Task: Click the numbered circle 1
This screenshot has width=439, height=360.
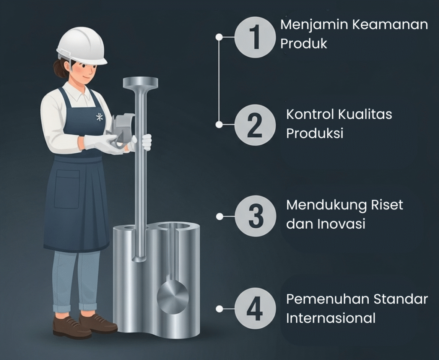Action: pyautogui.click(x=255, y=37)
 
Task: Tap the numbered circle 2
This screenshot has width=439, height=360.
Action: pyautogui.click(x=255, y=125)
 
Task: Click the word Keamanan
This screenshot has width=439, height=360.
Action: pyautogui.click(x=390, y=24)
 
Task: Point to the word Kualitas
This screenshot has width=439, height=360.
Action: pyautogui.click(x=365, y=114)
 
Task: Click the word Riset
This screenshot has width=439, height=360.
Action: pyautogui.click(x=387, y=205)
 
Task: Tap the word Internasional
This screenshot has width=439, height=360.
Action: pyautogui.click(x=331, y=318)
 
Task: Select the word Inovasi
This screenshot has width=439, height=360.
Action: pyautogui.click(x=342, y=224)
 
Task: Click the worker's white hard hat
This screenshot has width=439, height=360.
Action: pyautogui.click(x=82, y=46)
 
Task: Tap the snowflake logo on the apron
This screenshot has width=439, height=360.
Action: pyautogui.click(x=99, y=117)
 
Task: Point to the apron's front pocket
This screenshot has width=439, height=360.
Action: pyautogui.click(x=66, y=189)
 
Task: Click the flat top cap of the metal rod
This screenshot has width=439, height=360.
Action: pyautogui.click(x=140, y=82)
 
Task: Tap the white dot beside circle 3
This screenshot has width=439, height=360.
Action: pyautogui.click(x=219, y=216)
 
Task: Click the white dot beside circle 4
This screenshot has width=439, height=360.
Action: pyautogui.click(x=219, y=309)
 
